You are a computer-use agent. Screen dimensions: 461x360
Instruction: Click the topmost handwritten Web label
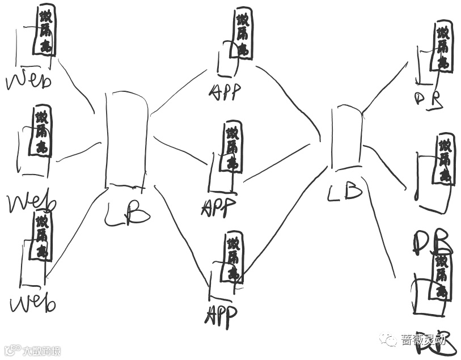click(28, 81)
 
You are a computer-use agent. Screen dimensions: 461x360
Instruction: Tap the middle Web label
click(32, 202)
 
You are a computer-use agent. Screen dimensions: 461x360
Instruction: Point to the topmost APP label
click(225, 92)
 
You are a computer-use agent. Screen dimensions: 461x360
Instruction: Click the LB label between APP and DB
click(345, 191)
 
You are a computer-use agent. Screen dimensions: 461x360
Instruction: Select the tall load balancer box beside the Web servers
click(126, 139)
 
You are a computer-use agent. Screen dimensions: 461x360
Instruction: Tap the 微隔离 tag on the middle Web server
click(43, 132)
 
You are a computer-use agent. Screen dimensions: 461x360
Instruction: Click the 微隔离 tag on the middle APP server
click(232, 147)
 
